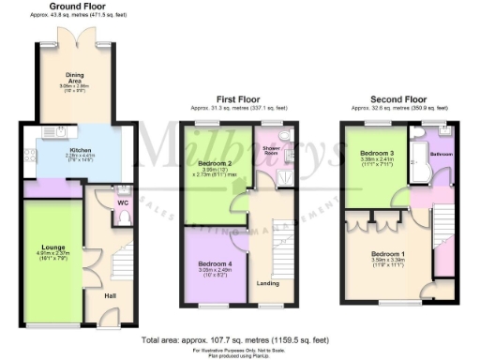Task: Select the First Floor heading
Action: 239,97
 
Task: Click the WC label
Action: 123,202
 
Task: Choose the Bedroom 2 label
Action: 217,162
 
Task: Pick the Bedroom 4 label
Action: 215,264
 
